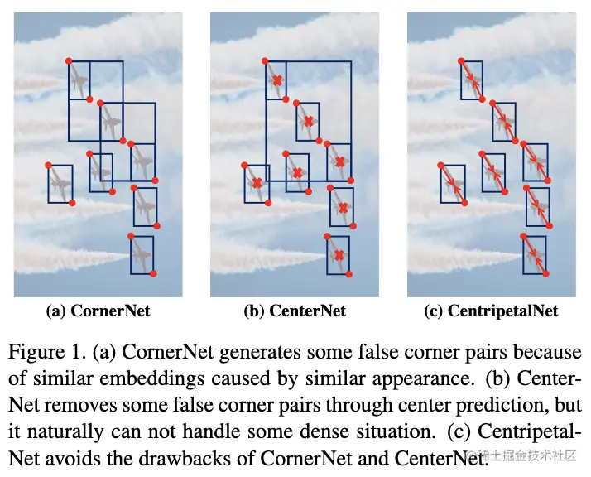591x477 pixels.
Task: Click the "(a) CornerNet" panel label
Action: [x=98, y=311]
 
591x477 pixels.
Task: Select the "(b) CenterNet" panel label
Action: [x=295, y=311]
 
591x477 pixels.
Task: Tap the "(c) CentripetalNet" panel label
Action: [x=492, y=311]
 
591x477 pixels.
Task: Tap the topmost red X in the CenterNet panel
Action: [x=278, y=80]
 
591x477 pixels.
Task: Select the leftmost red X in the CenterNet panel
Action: [x=257, y=182]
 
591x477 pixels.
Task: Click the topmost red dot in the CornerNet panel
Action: [x=69, y=60]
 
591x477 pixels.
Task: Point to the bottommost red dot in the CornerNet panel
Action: [x=154, y=273]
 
